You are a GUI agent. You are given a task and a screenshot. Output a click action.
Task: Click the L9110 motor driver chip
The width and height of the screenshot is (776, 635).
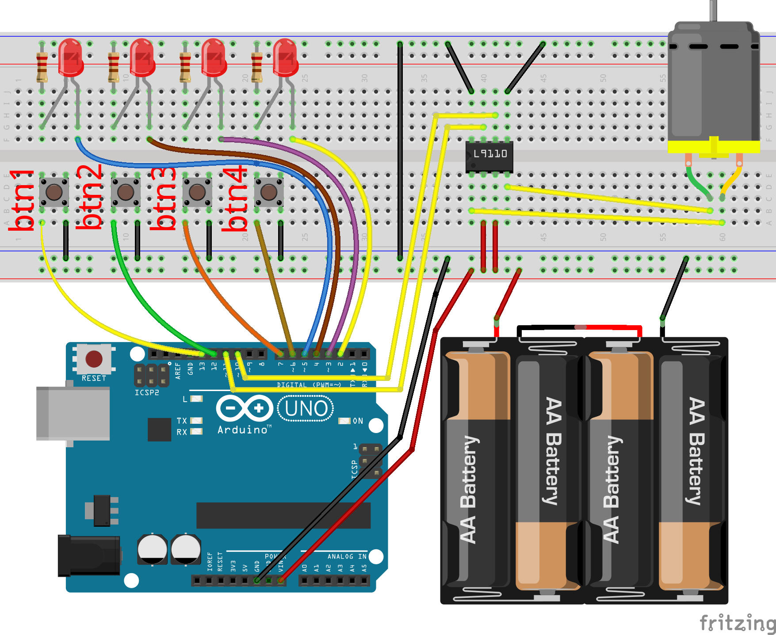coord(489,156)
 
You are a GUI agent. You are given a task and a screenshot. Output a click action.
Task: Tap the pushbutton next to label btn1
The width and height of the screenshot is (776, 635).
coord(54,192)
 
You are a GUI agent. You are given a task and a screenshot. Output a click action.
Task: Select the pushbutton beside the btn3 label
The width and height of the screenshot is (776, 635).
coord(197,192)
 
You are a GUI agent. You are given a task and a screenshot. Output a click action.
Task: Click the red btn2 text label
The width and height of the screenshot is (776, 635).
coord(90,197)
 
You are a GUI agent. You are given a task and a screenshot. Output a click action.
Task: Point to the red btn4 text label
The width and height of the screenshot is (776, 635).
coord(235,199)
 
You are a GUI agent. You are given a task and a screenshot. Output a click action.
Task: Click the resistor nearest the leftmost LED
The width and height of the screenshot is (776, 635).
coord(42,67)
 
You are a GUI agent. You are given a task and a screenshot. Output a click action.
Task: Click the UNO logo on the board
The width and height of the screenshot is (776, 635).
coord(306,409)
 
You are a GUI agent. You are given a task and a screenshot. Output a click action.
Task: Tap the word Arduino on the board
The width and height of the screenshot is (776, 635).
coord(243,430)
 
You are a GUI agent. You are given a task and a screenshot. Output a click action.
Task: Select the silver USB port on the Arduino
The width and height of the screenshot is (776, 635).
coord(73,414)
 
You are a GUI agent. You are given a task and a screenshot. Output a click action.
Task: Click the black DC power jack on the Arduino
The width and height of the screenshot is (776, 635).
coord(88,555)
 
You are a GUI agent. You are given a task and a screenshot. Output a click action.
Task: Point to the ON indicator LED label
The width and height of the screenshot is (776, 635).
coord(358,421)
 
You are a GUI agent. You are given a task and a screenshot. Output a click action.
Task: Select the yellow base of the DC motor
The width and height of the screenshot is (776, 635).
coord(714,147)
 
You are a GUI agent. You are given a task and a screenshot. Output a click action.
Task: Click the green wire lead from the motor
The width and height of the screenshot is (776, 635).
coord(698,181)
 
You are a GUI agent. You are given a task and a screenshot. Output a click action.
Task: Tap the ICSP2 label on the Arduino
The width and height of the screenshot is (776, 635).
coord(146,393)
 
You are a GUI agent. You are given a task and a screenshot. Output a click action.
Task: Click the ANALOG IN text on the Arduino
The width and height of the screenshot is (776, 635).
coord(347,557)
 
